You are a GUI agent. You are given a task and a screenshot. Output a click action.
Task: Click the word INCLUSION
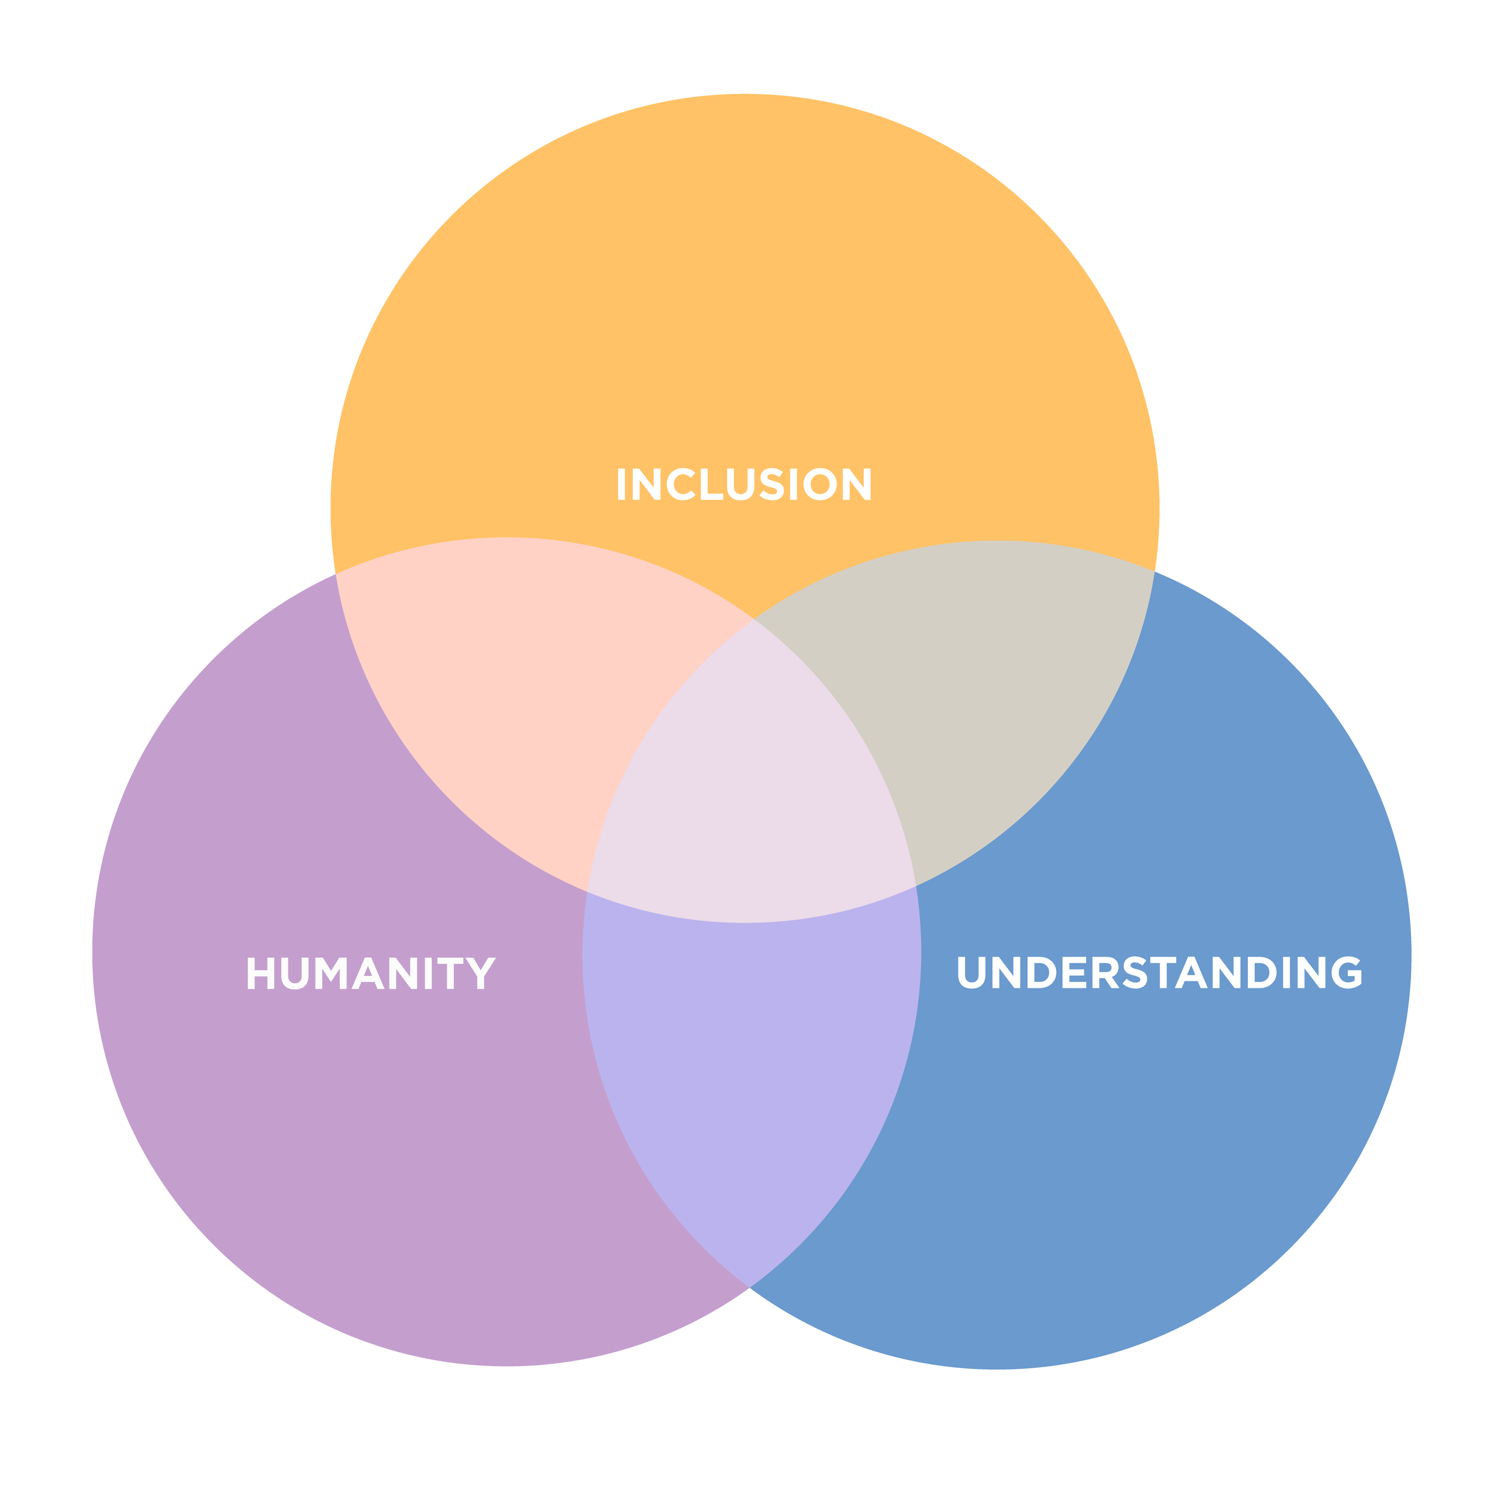[x=744, y=484]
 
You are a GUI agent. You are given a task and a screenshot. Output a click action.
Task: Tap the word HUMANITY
[x=371, y=973]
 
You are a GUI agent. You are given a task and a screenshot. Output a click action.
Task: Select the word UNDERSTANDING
[x=1158, y=972]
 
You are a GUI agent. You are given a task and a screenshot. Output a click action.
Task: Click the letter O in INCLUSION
[x=819, y=484]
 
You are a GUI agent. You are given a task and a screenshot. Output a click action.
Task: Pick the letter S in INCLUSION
[x=771, y=484]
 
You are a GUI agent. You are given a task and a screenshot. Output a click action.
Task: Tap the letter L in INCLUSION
[x=710, y=484]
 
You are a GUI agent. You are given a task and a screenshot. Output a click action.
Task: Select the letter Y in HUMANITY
[x=480, y=973]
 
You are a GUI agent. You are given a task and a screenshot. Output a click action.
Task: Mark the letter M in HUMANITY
[x=330, y=973]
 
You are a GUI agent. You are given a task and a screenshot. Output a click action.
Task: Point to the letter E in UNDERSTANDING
[x=1074, y=972]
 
